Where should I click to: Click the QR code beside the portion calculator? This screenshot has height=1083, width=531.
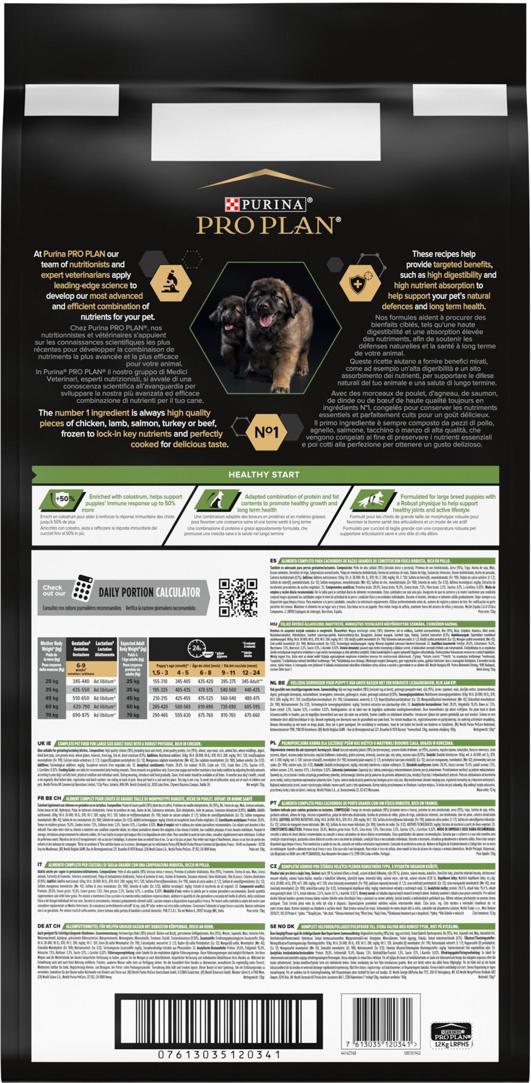click(237, 597)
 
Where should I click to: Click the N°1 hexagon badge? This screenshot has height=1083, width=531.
click(267, 432)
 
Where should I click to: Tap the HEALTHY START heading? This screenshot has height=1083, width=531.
click(264, 474)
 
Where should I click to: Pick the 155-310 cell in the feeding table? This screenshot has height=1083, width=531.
click(160, 681)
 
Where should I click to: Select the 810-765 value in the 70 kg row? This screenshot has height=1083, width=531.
click(228, 715)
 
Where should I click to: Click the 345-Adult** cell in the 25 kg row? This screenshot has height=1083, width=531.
click(251, 681)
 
